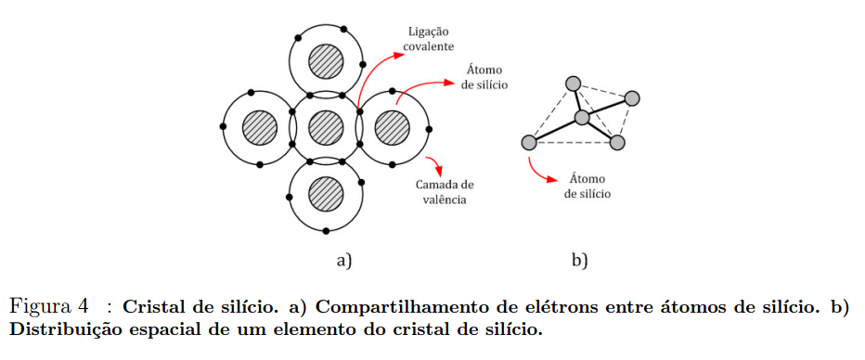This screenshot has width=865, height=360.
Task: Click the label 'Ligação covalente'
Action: (x=429, y=38)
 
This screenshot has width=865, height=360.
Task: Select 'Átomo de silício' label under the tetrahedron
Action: (x=584, y=187)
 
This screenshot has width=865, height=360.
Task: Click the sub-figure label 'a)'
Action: (x=344, y=261)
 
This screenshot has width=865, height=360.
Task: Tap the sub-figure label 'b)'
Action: (x=580, y=261)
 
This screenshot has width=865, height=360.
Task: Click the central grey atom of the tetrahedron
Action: (x=582, y=117)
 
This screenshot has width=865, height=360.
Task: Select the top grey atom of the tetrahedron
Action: (x=573, y=84)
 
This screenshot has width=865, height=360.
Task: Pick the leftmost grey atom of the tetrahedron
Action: (x=529, y=142)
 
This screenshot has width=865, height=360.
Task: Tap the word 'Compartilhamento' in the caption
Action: (x=397, y=306)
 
